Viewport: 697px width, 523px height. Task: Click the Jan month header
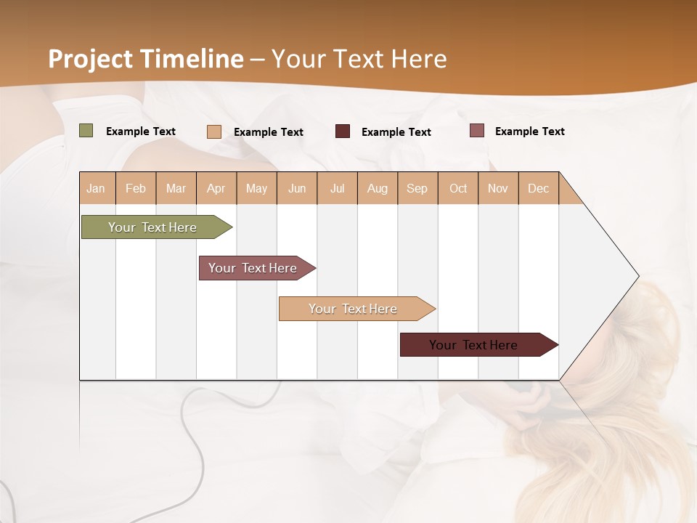coord(97,188)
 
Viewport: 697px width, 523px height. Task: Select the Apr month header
coord(216,188)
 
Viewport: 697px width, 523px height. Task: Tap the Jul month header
coord(337,188)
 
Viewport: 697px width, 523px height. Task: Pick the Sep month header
coord(417,188)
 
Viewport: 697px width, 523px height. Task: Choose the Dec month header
coord(538,188)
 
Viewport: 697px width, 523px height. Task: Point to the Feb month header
coord(136,188)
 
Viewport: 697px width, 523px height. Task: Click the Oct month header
coord(458,188)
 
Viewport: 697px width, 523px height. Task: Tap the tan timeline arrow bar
coord(354,309)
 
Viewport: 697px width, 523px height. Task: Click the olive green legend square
coord(86,131)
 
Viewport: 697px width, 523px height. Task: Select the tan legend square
coord(214,131)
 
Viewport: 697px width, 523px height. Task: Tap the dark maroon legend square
coord(343,131)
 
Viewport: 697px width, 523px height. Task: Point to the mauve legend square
coord(477,131)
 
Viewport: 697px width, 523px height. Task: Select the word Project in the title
coord(91,59)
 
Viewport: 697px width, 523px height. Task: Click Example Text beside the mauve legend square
coord(529,131)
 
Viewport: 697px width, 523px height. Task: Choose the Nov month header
coord(498,188)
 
